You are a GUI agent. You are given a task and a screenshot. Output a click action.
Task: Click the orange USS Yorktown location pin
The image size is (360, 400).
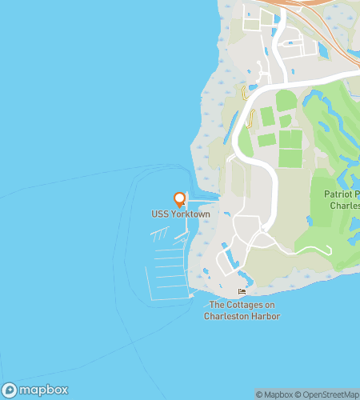point(180,199)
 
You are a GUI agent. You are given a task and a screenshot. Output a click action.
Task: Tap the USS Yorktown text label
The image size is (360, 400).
point(180,214)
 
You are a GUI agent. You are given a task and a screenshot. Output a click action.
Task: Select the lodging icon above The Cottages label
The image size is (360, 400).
point(242,292)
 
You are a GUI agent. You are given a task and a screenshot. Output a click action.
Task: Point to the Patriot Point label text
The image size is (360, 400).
point(342,194)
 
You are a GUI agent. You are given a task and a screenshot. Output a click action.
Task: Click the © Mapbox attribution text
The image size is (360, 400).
point(273,394)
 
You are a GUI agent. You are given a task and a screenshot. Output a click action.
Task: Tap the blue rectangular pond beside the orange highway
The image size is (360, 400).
point(325,50)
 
